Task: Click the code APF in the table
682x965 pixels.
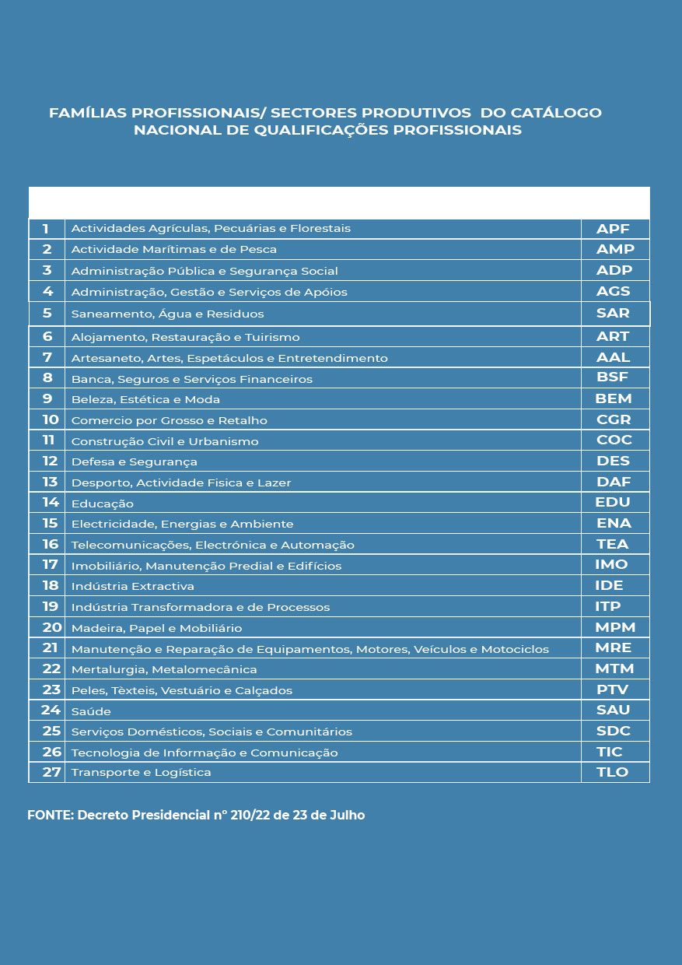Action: click(x=613, y=229)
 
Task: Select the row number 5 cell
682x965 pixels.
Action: click(x=47, y=314)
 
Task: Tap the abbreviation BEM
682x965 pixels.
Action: click(x=613, y=398)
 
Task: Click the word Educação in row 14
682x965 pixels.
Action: click(x=102, y=504)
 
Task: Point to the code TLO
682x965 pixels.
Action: click(x=613, y=772)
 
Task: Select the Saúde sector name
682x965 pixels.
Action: click(x=91, y=711)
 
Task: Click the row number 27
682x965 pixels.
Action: click(x=51, y=772)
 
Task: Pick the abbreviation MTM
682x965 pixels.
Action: click(x=614, y=668)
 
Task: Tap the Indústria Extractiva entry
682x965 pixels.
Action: click(x=132, y=586)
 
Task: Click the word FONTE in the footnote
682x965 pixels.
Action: click(x=49, y=816)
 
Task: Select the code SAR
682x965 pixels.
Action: click(x=613, y=313)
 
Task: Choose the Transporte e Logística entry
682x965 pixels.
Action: click(x=141, y=773)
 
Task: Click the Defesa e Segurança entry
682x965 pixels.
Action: click(x=134, y=461)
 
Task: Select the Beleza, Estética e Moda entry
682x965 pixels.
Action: click(x=145, y=399)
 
